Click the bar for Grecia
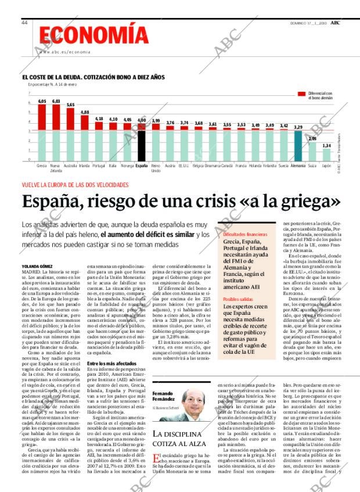click(42, 132)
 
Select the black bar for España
click(141, 141)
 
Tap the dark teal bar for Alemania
click(298, 144)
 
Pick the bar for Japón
click(326, 155)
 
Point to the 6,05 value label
click(42, 101)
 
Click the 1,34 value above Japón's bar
click(326, 145)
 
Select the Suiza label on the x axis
click(312, 165)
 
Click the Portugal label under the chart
click(99, 165)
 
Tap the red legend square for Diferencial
click(301, 94)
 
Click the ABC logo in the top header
click(336, 22)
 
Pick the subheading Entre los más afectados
click(107, 363)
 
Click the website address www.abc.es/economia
click(65, 52)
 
